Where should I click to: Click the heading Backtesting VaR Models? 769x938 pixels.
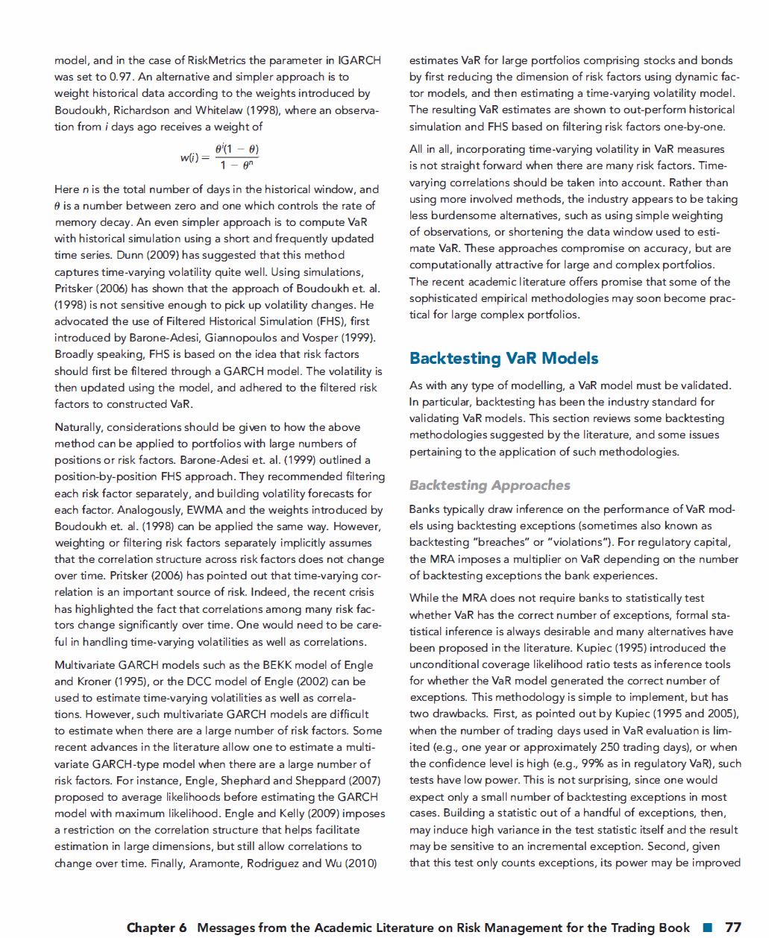[x=503, y=359]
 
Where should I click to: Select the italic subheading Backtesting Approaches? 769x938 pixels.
[x=489, y=485]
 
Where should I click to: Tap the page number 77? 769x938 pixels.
[x=733, y=927]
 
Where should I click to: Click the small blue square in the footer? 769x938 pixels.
[x=707, y=928]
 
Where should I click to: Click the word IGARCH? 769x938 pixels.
[x=359, y=60]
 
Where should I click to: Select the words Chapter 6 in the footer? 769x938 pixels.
[x=157, y=928]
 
